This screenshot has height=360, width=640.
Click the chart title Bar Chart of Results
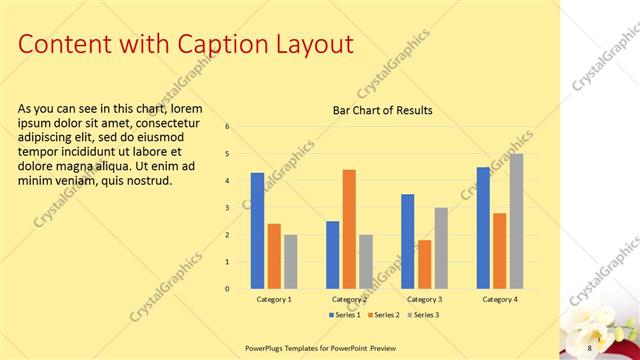click(382, 110)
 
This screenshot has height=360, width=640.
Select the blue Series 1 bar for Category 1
click(257, 231)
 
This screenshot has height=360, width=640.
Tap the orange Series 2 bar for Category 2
click(349, 229)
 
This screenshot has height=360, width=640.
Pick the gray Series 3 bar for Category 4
click(516, 221)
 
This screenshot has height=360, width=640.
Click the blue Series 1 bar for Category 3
click(408, 241)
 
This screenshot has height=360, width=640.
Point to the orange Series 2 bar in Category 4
click(500, 251)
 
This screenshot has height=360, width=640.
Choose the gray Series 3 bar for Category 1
click(290, 262)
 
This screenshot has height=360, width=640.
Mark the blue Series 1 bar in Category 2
click(332, 255)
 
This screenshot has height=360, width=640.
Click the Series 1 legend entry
click(345, 315)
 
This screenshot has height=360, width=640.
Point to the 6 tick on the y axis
click(228, 126)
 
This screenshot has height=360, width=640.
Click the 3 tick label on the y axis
click(228, 208)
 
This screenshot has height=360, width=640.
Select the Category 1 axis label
click(274, 299)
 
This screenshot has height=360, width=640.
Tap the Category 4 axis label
click(500, 299)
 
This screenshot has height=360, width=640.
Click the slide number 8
click(589, 347)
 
